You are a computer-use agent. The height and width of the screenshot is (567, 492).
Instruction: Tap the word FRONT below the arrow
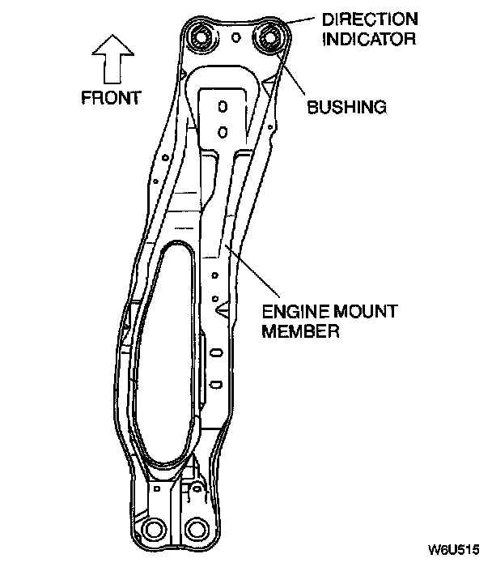(x=111, y=98)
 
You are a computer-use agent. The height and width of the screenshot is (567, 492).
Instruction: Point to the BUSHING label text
(x=346, y=105)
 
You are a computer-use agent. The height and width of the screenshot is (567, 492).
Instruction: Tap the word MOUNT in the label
(x=360, y=311)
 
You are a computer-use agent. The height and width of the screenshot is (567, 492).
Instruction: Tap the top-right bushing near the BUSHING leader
(x=271, y=37)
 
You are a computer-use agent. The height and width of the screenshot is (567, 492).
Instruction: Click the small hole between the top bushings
(x=235, y=37)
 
